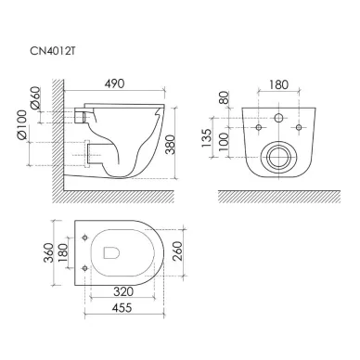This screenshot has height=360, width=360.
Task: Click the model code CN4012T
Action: [52, 51]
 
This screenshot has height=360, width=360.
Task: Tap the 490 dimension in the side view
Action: [114, 84]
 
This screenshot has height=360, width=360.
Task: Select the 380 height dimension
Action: [171, 145]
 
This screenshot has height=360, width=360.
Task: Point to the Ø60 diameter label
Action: [35, 97]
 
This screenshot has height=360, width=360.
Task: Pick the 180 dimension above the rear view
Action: [278, 84]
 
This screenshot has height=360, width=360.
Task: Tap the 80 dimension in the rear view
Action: [224, 97]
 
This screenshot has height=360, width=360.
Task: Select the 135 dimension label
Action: [206, 137]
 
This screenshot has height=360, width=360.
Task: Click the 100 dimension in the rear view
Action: [224, 142]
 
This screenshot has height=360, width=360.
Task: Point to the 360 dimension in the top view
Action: [48, 252]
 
